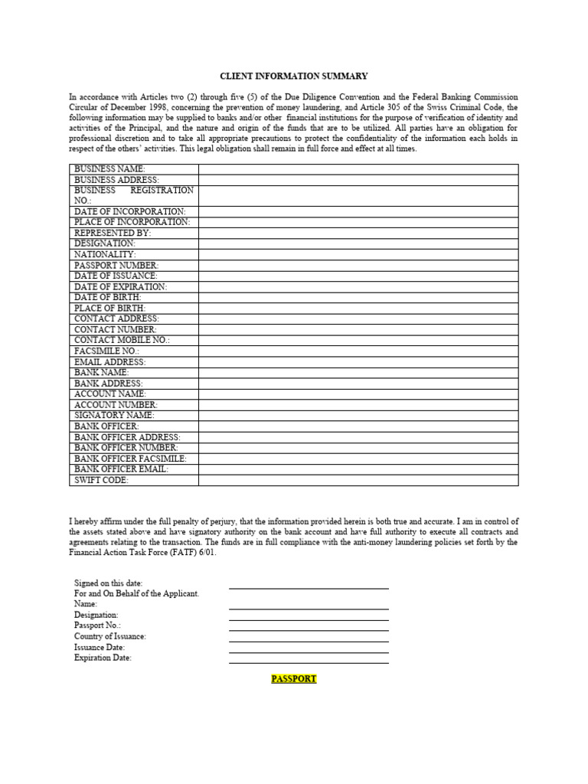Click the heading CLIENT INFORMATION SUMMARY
pos(294,77)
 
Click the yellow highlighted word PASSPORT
pos(294,679)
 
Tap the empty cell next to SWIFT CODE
pos(358,480)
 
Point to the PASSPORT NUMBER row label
pos(116,265)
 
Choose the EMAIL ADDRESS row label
pos(109,361)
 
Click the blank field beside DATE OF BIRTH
pos(358,297)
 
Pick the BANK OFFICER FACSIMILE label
pos(130,459)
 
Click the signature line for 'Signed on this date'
pos(309,586)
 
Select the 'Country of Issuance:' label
pos(109,636)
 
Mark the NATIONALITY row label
pos(105,254)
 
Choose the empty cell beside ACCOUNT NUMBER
pos(358,404)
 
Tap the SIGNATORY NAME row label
pos(114,415)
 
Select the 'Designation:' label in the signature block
pos(96,615)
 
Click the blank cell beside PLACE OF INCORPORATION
pos(358,222)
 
